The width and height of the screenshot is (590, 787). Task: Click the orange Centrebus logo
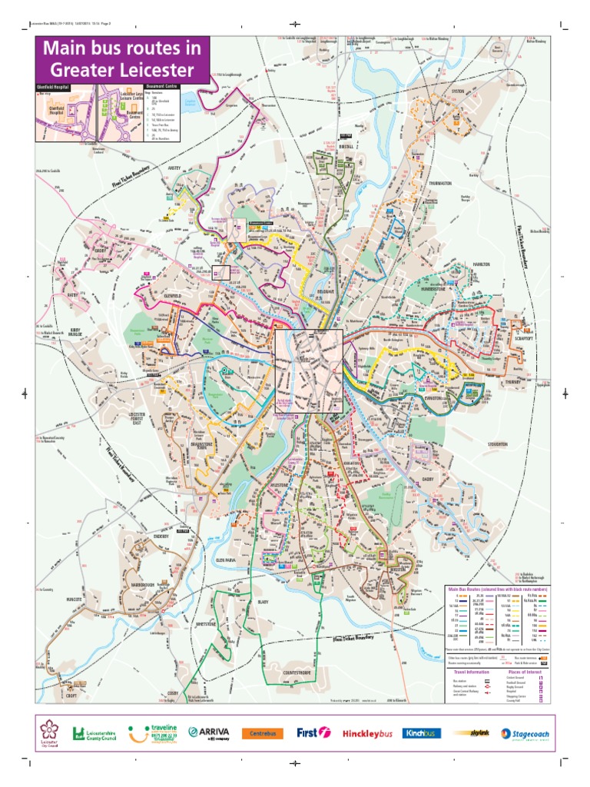(x=263, y=733)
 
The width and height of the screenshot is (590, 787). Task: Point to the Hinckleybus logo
(x=367, y=733)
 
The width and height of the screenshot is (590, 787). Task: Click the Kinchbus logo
(x=421, y=732)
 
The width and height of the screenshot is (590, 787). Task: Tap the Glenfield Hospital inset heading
(x=52, y=88)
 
